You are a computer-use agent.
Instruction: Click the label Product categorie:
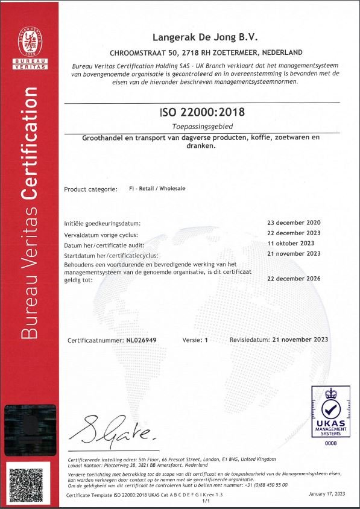coord(90,189)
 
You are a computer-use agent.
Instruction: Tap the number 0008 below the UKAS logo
coord(330,443)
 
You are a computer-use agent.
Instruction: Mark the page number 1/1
coord(206,501)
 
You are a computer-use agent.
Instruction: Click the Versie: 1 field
coord(195,341)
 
